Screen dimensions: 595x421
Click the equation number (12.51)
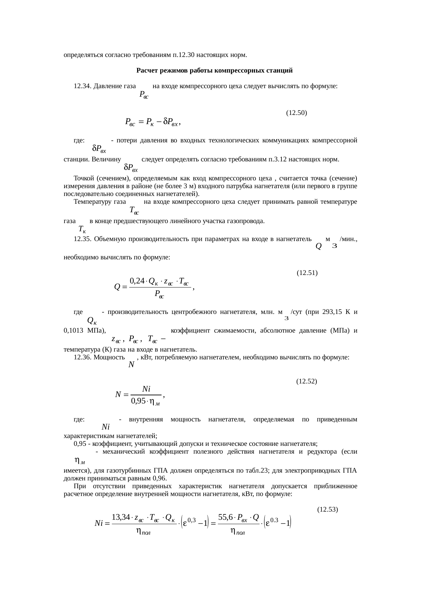click(307, 273)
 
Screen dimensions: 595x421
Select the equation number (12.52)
click(307, 381)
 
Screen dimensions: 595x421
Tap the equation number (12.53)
click(327, 510)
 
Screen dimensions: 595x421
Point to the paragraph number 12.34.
click(82, 86)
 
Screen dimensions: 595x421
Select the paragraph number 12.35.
click(82, 239)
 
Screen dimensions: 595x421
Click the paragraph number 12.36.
click(82, 357)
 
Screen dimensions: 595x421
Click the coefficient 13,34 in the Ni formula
click(121, 517)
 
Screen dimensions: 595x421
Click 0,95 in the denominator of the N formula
click(138, 401)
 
